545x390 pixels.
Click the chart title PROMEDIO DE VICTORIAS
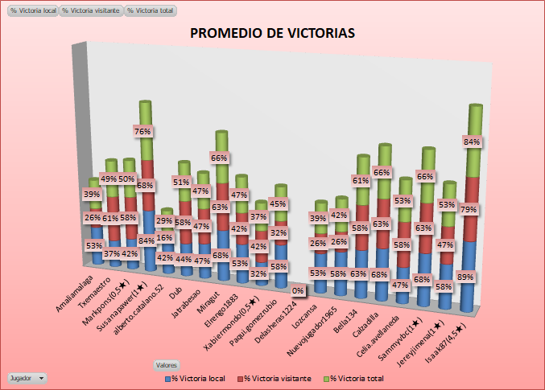[x=272, y=34]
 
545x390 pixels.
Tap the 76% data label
[x=142, y=131]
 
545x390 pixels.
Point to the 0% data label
[x=298, y=290]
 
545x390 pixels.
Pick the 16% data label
[x=164, y=238]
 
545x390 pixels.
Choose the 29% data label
[x=163, y=221]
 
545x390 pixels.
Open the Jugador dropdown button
[x=27, y=377]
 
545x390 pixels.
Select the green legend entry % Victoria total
[x=354, y=378]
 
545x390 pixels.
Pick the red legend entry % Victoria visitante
[x=273, y=378]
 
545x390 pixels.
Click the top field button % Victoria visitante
[x=91, y=11]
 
